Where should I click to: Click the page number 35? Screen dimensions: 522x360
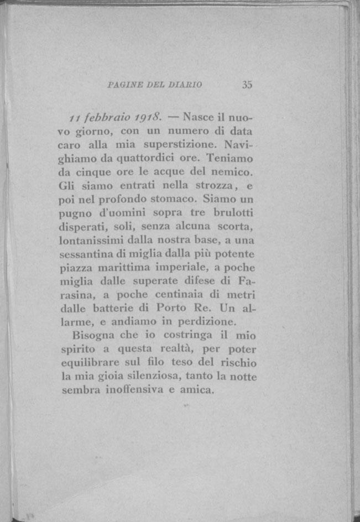(x=247, y=85)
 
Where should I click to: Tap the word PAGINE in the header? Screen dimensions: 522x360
(x=122, y=85)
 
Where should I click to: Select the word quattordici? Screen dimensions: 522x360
(x=134, y=159)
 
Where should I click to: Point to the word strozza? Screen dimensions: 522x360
(x=216, y=185)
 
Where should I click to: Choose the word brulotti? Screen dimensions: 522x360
(x=232, y=212)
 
